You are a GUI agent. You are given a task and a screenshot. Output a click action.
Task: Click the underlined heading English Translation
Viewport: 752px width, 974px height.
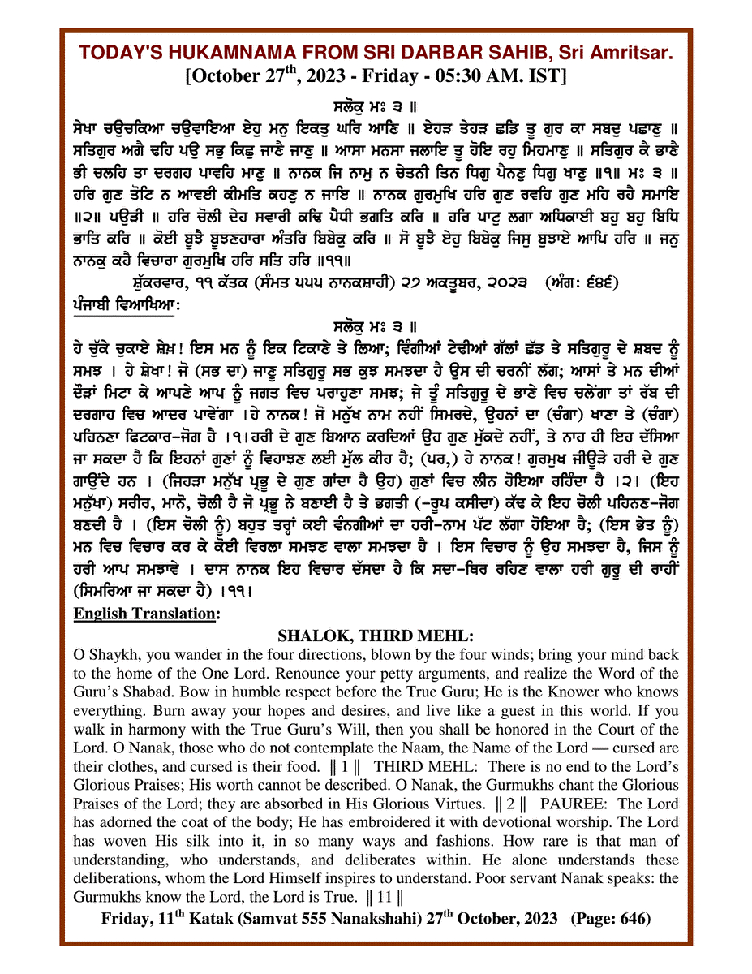click(157, 614)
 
